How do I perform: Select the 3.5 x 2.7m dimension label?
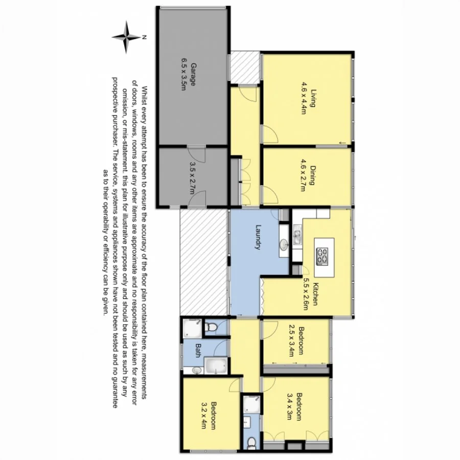coord(192,177)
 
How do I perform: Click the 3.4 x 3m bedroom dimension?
coord(290,406)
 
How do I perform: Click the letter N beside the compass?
coord(145,37)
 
